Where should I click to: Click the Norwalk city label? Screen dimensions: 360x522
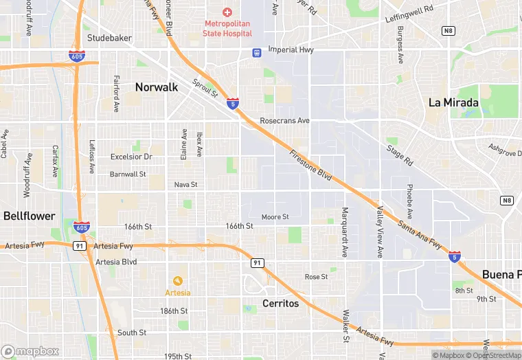(157, 87)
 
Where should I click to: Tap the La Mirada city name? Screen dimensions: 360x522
(453, 102)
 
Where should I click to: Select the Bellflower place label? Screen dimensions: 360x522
(29, 216)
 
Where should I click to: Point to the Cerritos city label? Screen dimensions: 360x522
(281, 303)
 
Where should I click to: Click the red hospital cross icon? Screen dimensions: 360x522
(227, 13)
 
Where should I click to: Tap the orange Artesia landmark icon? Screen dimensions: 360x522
(177, 280)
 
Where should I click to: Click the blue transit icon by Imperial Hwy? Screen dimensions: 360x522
(256, 52)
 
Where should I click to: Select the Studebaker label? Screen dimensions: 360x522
(109, 38)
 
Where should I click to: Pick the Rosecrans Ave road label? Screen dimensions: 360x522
(285, 121)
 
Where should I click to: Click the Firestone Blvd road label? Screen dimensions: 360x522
(310, 166)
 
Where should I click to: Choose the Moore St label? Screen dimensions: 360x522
(275, 217)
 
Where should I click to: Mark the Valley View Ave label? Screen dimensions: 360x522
(380, 233)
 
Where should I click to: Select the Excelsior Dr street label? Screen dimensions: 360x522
(131, 157)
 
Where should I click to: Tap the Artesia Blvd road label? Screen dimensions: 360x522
(116, 262)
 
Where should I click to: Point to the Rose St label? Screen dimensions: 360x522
(317, 277)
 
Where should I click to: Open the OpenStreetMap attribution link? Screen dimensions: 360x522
(494, 355)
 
